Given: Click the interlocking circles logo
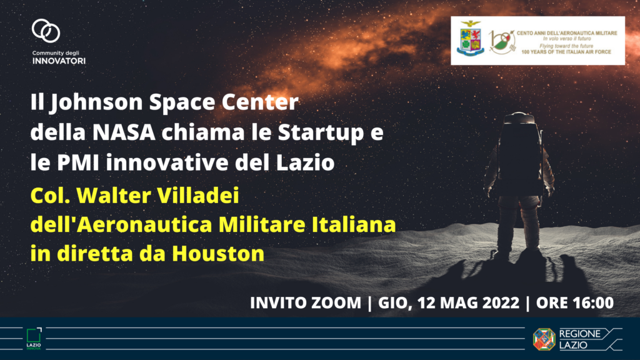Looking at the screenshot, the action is pos(46,31).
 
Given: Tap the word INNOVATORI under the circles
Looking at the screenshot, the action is pos(59,61).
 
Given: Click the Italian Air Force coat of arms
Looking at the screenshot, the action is pos(471,39).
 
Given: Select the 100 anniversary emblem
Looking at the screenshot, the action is pos(501,42).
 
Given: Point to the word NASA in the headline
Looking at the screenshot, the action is pos(124,132).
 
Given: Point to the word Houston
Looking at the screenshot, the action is pos(218,254).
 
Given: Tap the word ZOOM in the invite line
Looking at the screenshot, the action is pos(336,303).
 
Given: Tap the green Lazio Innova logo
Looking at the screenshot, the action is pos(34,338).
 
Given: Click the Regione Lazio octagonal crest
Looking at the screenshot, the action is pos(544,339).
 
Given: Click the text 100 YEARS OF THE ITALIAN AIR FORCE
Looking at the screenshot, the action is pos(566,52).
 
